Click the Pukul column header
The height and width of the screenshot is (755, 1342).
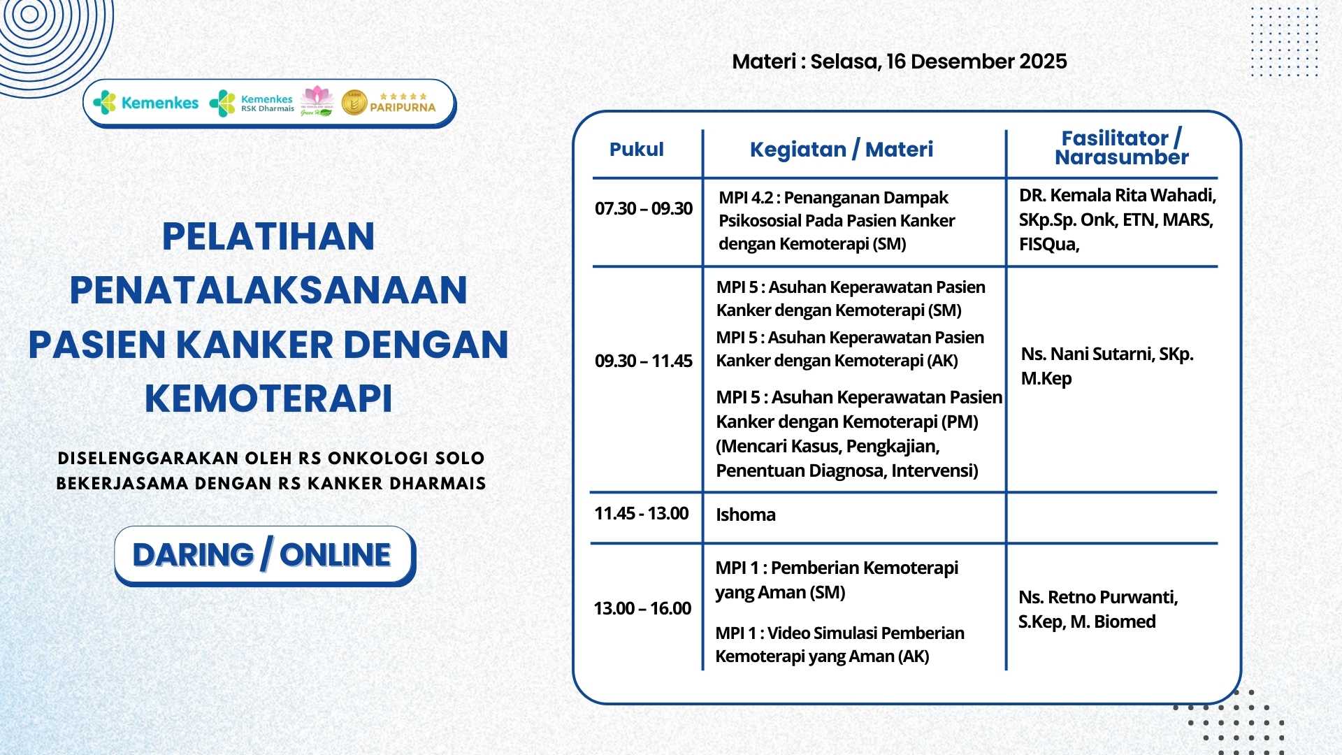coord(636,150)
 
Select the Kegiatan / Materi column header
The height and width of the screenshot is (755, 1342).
coord(841,150)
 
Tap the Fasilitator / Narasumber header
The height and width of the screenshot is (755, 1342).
coord(1121,148)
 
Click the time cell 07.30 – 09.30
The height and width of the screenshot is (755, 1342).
coord(643,209)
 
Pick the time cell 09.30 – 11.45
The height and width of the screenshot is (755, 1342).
coord(643,361)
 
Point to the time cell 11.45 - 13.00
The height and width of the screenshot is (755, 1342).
coord(641,514)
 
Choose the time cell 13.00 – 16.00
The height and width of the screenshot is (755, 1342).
coord(642,609)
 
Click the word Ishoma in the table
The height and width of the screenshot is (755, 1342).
coord(745,515)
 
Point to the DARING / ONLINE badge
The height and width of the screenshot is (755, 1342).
coord(264,556)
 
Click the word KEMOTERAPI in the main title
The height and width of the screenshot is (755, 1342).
coord(268,398)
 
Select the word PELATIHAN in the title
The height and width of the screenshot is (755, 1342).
coord(268,236)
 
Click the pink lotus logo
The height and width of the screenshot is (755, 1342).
coord(317,96)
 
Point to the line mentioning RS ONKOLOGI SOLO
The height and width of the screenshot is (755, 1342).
coord(271,459)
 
